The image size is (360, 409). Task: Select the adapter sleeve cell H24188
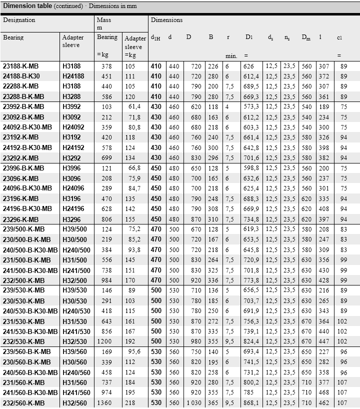click(73, 76)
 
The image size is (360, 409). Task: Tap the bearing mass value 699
click(107, 157)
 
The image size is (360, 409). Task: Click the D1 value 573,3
click(251, 106)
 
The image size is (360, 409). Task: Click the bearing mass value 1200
click(105, 341)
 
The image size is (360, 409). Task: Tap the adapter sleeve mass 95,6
click(134, 351)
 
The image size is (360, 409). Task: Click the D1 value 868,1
click(251, 403)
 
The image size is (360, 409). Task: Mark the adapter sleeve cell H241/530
click(76, 331)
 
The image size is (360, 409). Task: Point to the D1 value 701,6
click(251, 157)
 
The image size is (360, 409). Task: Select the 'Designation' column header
click(19, 20)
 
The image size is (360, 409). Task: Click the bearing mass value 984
click(107, 280)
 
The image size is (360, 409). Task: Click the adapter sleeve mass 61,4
click(134, 106)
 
